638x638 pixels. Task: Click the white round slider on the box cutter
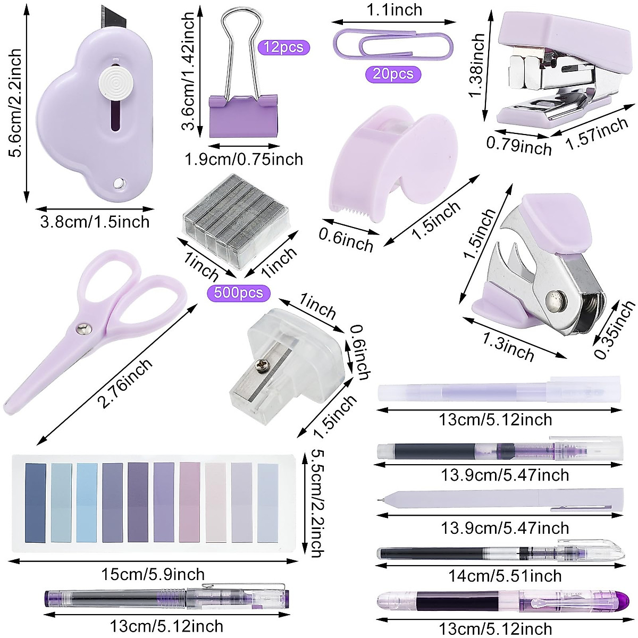116,82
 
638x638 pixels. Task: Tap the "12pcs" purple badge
283,47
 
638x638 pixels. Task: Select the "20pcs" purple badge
393,73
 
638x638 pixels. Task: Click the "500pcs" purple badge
239,293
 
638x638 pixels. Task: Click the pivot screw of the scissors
81,330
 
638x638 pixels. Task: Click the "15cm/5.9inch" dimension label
153,574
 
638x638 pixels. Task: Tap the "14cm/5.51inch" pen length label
505,576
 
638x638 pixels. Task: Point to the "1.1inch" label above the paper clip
394,10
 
